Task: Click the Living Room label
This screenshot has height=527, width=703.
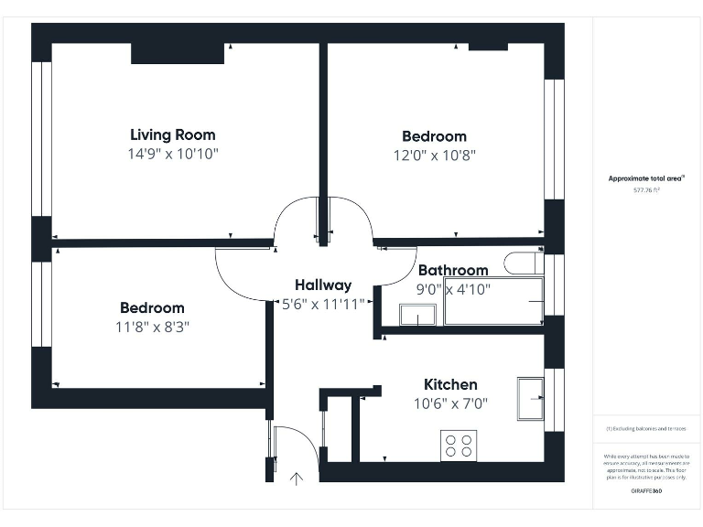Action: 173,134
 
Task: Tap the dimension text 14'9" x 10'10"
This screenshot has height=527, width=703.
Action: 173,155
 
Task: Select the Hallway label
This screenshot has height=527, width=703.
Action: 322,285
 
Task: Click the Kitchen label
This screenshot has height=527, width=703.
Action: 449,384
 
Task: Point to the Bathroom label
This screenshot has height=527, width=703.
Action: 453,270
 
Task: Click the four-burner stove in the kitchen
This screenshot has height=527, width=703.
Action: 459,446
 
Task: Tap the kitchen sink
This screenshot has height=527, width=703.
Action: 531,398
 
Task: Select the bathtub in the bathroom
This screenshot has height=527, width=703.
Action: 493,301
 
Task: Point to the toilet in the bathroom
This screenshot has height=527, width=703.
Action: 523,263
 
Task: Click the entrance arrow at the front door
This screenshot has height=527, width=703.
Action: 296,477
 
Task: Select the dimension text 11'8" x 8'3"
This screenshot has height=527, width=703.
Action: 152,326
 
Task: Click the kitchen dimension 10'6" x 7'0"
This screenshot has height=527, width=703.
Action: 450,403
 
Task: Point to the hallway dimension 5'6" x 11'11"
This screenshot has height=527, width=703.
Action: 323,304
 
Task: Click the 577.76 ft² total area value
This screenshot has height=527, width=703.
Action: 646,190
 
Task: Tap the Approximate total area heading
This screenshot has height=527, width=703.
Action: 646,178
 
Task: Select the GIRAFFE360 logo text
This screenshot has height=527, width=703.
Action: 646,491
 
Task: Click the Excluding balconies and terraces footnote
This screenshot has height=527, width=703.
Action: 646,428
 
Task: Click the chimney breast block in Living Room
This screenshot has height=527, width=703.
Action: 178,53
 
